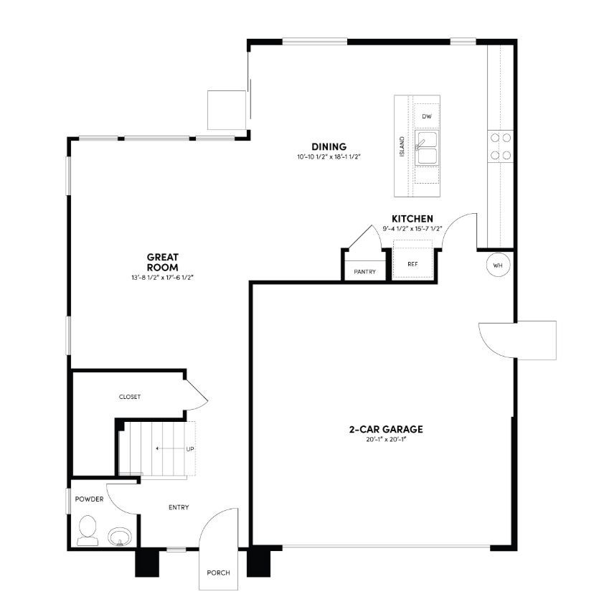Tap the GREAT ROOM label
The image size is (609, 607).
pos(162,261)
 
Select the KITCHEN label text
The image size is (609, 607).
pos(411,218)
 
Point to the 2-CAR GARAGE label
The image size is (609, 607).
pos(385,429)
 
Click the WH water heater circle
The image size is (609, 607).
pos(498,265)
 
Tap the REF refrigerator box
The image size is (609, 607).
pos(412,264)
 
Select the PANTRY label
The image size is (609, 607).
pos(365,272)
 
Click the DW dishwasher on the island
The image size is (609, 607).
pos(427,116)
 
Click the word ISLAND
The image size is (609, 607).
pos(402,148)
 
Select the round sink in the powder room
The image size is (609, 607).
pos(119,536)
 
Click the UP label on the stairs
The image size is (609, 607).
pos(190,449)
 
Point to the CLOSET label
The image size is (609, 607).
pos(130,397)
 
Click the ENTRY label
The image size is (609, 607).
pos(179,507)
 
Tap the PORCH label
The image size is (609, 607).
pos(217,573)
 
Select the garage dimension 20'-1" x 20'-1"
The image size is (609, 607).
pos(385,440)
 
